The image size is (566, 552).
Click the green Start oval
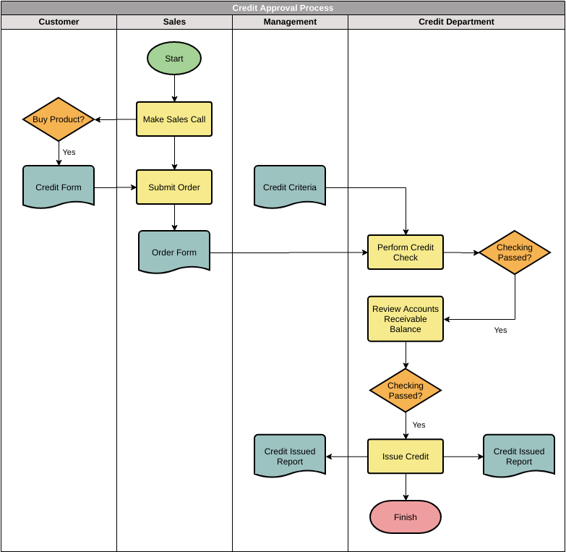point(174,59)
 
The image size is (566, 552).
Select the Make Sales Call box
point(174,119)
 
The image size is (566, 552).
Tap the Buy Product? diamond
point(59,119)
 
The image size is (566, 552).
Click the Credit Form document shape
point(59,187)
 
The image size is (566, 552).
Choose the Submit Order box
point(174,187)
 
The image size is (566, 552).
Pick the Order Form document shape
point(174,252)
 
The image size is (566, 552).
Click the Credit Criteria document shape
point(290,187)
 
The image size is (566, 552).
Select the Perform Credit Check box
point(406,252)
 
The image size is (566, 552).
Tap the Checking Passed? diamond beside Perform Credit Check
point(515,252)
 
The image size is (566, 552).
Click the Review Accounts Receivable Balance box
point(406,319)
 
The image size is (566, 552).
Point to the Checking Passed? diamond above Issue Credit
point(406,391)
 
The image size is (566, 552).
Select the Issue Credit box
point(406,457)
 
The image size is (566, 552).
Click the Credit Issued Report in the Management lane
point(290,456)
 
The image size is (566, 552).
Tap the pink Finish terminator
point(406,517)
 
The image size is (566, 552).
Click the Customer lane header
point(59,22)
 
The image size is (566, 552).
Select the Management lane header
point(290,22)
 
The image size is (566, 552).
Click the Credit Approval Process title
point(283,8)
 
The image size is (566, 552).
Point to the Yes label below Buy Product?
point(69,152)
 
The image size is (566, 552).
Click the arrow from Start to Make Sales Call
point(174,88)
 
